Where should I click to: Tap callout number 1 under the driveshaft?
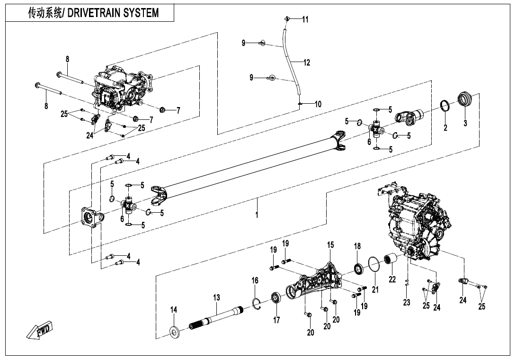pyautogui.click(x=257, y=214)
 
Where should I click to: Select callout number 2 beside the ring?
pyautogui.click(x=445, y=127)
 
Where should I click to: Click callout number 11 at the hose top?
pyautogui.click(x=305, y=19)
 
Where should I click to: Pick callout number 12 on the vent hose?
pyautogui.click(x=307, y=62)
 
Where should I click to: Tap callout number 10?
pyautogui.click(x=318, y=104)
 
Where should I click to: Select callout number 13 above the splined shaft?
pyautogui.click(x=216, y=297)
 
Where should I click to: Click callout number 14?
pyautogui.click(x=174, y=310)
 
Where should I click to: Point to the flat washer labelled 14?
pyautogui.click(x=174, y=333)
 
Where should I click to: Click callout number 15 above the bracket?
pyautogui.click(x=330, y=245)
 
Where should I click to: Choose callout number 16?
pyautogui.click(x=255, y=281)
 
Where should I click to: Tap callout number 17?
pyautogui.click(x=276, y=320)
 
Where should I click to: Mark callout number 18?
pyautogui.click(x=357, y=246)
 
